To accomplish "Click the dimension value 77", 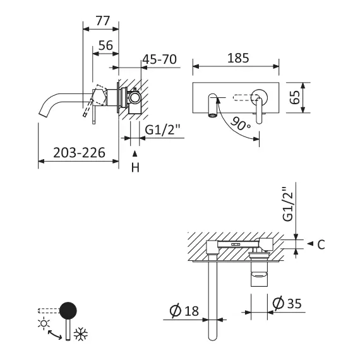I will pos(102,20).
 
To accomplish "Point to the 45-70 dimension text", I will pos(159,60).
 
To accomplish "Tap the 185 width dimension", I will pos(236,57).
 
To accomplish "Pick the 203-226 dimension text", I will pos(78,152).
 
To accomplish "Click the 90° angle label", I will pos(241,123).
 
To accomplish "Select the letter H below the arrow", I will pos(135,167).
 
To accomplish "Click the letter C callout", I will pos(321,244).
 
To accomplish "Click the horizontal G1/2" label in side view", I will pos(163,131).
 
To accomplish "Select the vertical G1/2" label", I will pos(287,203).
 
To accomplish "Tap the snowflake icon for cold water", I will pos(80,335).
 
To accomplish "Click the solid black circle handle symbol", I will pos(68,311).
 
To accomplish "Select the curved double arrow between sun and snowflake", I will pos(61,331).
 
